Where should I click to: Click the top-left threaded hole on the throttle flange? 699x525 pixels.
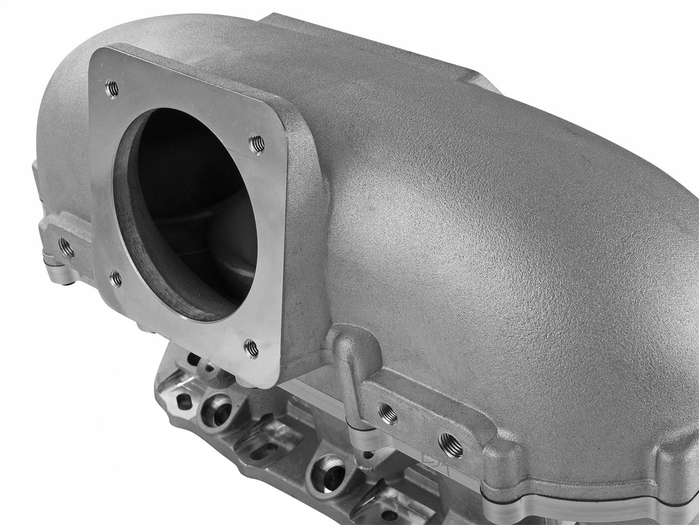pyautogui.click(x=112, y=88)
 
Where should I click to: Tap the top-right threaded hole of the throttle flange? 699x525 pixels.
pyautogui.click(x=257, y=143)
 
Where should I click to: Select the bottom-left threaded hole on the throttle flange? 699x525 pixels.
pyautogui.click(x=116, y=279)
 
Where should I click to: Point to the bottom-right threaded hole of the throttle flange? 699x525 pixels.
pyautogui.click(x=251, y=348)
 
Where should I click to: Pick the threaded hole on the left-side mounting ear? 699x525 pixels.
pyautogui.click(x=66, y=248)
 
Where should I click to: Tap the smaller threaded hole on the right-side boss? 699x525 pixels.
pyautogui.click(x=388, y=414)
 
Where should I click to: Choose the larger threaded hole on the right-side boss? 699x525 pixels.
pyautogui.click(x=451, y=444)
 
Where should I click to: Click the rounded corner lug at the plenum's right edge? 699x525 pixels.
pyautogui.click(x=679, y=467)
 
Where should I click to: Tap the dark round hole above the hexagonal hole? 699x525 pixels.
pyautogui.click(x=193, y=360)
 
